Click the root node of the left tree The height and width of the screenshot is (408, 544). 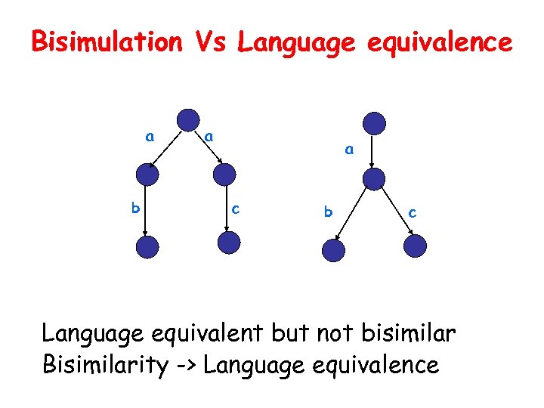[187, 120]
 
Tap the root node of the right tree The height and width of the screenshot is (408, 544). [374, 123]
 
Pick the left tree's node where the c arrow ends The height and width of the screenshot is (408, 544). [228, 243]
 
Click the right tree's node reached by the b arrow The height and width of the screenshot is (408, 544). [333, 251]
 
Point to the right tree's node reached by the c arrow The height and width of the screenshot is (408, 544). [415, 246]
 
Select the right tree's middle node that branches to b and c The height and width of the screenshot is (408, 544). [374, 178]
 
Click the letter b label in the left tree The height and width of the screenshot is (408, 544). [135, 207]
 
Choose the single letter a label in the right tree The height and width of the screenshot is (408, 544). [348, 150]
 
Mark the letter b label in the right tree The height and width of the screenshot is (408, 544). [327, 212]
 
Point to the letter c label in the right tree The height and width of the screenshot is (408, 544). [412, 213]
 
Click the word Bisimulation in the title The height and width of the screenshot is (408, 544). [106, 42]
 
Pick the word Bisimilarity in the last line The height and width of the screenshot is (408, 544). [105, 365]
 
